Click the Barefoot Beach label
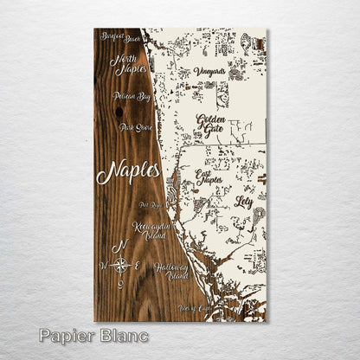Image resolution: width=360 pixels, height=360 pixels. (x=119, y=37)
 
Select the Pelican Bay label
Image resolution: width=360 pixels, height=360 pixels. (x=131, y=97)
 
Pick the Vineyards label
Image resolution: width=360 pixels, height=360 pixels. (x=209, y=71)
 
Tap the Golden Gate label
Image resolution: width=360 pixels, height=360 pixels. (x=211, y=125)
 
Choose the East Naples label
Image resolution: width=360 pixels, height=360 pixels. (x=209, y=178)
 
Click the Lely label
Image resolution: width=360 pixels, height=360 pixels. (x=243, y=201)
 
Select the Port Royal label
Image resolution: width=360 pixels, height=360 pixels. (x=149, y=206)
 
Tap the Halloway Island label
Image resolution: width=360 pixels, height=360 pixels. (x=171, y=272)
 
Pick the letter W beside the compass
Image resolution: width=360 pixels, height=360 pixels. (x=105, y=265)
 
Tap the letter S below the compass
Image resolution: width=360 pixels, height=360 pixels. (x=121, y=284)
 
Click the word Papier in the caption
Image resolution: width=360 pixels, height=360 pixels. (x=67, y=335)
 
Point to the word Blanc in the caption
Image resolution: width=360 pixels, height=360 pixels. (x=123, y=335)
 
